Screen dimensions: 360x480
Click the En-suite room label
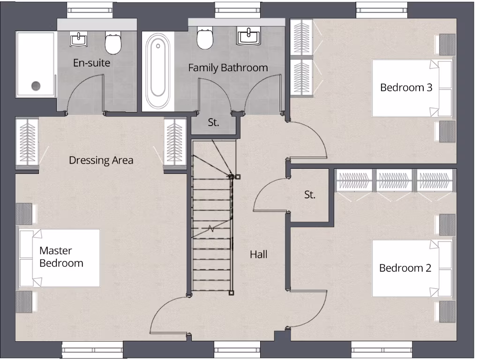click(91, 62)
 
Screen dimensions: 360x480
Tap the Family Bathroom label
click(228, 67)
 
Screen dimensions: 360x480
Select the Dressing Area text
click(101, 160)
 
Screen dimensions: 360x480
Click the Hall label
click(258, 255)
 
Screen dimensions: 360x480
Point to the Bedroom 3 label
click(406, 87)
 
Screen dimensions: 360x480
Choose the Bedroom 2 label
click(405, 268)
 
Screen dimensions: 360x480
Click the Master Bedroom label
click(61, 257)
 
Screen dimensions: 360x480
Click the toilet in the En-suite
click(112, 43)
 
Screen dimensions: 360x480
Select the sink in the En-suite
click(78, 38)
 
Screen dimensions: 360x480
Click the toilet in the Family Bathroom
click(204, 39)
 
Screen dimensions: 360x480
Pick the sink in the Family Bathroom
click(248, 36)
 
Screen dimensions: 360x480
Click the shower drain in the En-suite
click(36, 85)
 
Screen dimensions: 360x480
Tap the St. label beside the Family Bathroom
click(214, 123)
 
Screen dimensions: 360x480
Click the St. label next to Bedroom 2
click(309, 195)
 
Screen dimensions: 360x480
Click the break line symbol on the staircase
click(212, 229)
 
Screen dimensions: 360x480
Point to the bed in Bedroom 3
click(412, 88)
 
